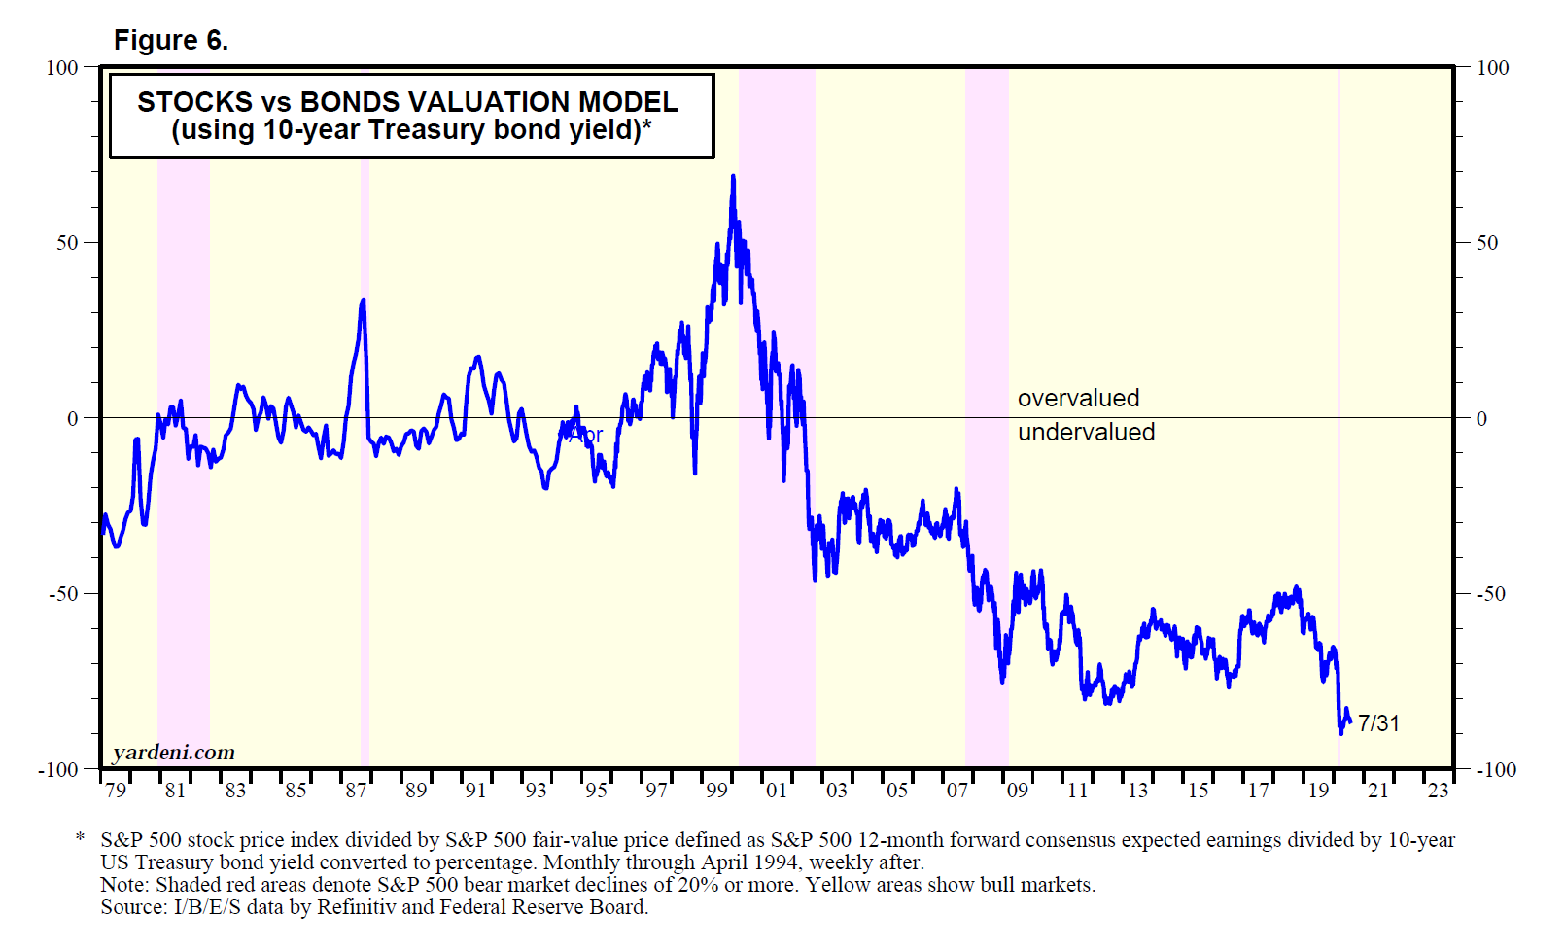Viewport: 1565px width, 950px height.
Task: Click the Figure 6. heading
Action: pyautogui.click(x=171, y=40)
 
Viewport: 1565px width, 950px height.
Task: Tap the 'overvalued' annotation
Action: pyautogui.click(x=1078, y=399)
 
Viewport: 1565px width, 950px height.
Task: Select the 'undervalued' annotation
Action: pyautogui.click(x=1086, y=433)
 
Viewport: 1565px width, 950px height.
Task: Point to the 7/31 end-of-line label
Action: pyautogui.click(x=1378, y=723)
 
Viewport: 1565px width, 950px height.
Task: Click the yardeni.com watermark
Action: pyautogui.click(x=174, y=753)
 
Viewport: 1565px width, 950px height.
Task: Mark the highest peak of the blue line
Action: pyautogui.click(x=733, y=177)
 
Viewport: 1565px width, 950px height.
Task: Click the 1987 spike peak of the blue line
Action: pyautogui.click(x=364, y=300)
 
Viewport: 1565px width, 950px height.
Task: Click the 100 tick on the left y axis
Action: pyautogui.click(x=62, y=68)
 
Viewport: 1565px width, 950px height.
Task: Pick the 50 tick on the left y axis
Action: pyautogui.click(x=67, y=243)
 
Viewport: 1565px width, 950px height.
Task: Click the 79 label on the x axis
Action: pyautogui.click(x=116, y=791)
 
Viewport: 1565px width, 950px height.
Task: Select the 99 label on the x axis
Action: pyautogui.click(x=716, y=791)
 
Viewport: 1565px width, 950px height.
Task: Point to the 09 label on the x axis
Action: pyautogui.click(x=1017, y=791)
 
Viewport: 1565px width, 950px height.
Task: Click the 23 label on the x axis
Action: pyautogui.click(x=1438, y=791)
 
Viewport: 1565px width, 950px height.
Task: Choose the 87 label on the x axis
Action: pyautogui.click(x=356, y=791)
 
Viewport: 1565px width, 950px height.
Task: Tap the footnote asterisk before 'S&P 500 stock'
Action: pyautogui.click(x=81, y=837)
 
